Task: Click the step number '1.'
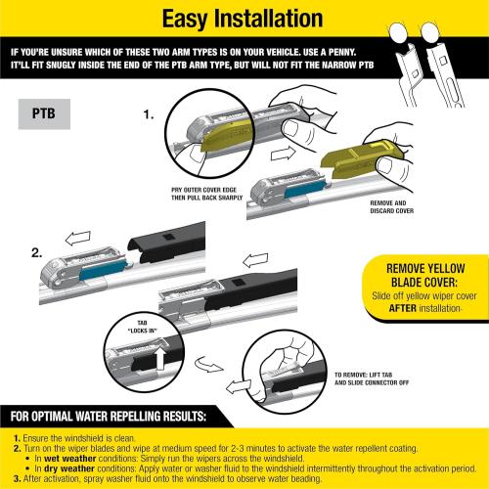(149, 114)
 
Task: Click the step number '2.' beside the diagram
(37, 252)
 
